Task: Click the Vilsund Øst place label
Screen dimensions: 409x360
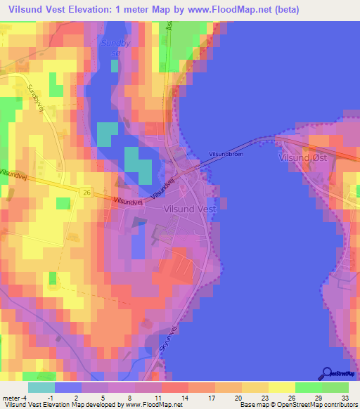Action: [303, 158]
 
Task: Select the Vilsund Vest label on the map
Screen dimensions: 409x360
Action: [191, 208]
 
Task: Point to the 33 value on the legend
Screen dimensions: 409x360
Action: [344, 398]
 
